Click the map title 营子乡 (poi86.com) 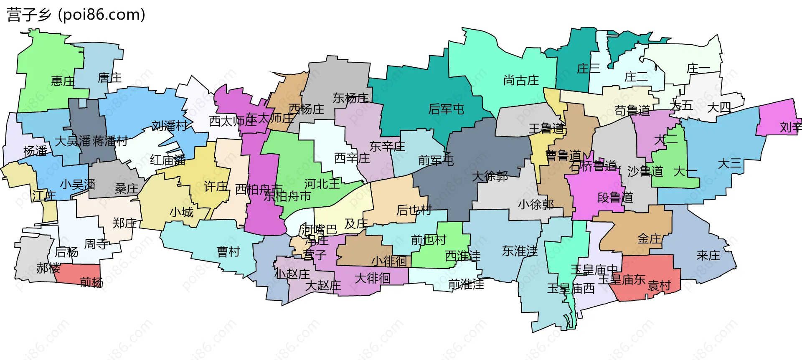[x=76, y=15]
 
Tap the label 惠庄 [x=63, y=81]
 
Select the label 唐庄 [x=109, y=78]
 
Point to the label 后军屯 [x=446, y=109]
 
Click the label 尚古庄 [x=521, y=80]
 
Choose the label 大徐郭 [x=490, y=176]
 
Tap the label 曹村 [x=228, y=251]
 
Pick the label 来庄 [x=708, y=255]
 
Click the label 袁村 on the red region [x=659, y=286]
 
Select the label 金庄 [x=649, y=238]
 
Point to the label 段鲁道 [x=615, y=197]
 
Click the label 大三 [x=729, y=163]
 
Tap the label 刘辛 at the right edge [x=790, y=127]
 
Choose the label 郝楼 [x=48, y=268]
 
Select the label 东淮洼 [x=520, y=251]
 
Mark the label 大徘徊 [x=372, y=278]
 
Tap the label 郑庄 [x=124, y=223]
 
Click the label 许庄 [x=216, y=186]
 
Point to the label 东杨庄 [x=350, y=98]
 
